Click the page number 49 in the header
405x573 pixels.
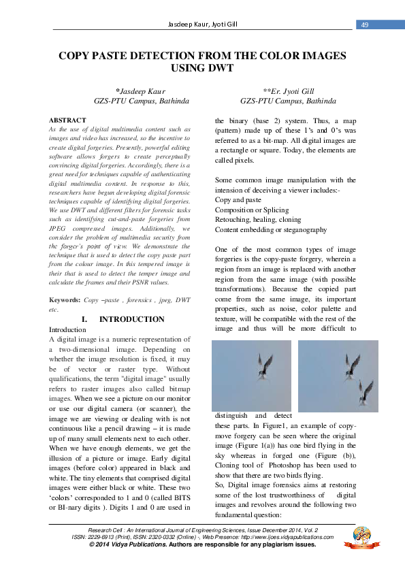(x=364, y=25)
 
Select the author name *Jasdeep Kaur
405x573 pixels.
(x=141, y=91)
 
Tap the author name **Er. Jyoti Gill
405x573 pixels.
(x=288, y=91)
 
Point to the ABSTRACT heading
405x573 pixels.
(x=68, y=120)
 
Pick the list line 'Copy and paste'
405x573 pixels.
(x=238, y=200)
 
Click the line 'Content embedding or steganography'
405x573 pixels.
(x=271, y=230)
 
